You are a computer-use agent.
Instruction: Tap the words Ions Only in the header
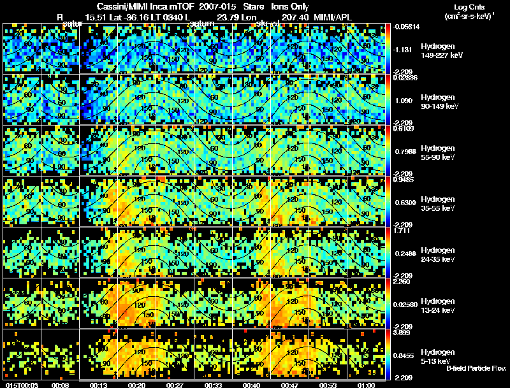289,6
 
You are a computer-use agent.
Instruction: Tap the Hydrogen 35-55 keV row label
439,204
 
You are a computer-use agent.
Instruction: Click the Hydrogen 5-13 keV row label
439,356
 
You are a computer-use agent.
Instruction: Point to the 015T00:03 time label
20,384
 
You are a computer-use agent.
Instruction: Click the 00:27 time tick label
175,384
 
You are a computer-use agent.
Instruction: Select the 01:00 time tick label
366,384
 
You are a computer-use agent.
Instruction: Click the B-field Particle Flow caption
476,368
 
